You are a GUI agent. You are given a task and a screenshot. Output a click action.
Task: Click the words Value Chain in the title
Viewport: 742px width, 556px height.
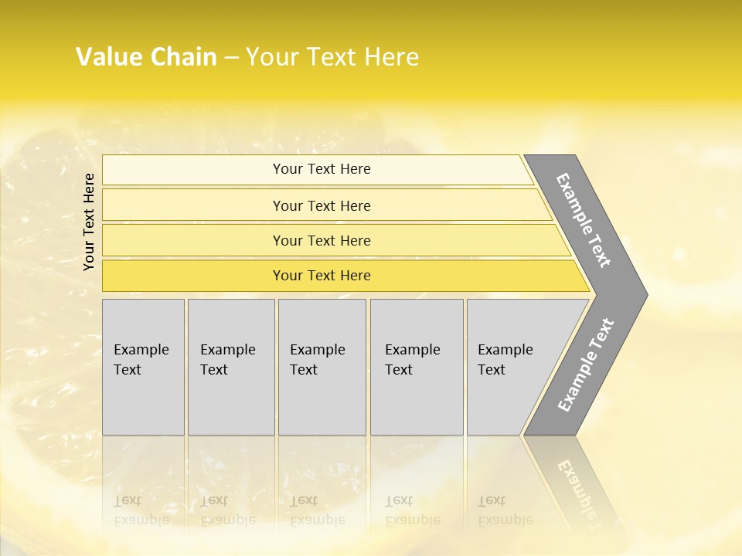pyautogui.click(x=146, y=57)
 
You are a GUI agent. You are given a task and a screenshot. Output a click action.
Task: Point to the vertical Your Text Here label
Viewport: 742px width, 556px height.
pyautogui.click(x=89, y=222)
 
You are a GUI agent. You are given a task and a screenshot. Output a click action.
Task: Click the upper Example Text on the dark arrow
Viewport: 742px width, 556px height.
pyautogui.click(x=584, y=220)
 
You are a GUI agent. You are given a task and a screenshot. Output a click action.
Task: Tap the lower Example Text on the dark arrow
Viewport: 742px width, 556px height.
pyautogui.click(x=585, y=365)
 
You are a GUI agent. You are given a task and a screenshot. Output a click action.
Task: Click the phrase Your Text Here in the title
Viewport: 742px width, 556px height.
pyautogui.click(x=332, y=57)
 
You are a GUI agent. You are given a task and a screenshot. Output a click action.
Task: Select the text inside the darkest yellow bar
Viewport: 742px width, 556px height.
pyautogui.click(x=322, y=276)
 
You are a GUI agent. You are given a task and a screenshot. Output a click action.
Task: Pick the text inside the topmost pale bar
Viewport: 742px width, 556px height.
pyautogui.click(x=322, y=169)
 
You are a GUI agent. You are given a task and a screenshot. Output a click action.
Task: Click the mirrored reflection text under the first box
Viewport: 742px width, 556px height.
pyautogui.click(x=141, y=510)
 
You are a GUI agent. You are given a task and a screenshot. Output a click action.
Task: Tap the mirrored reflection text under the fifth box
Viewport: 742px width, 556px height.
pyautogui.click(x=505, y=510)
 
